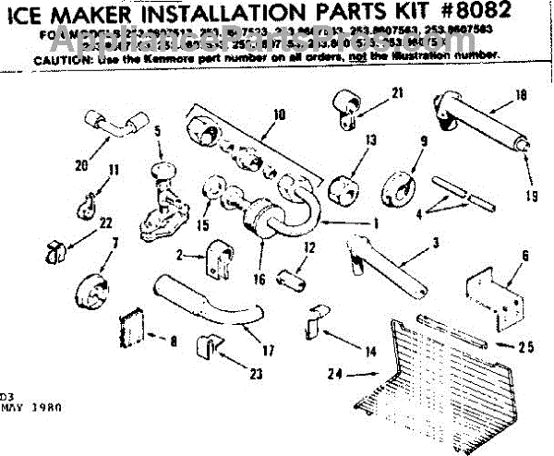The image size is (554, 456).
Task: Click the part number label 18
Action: (521, 94)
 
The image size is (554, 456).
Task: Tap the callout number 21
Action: (398, 93)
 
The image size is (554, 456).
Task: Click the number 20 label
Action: (81, 166)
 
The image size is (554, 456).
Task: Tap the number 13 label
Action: (371, 140)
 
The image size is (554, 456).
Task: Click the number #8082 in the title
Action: (462, 17)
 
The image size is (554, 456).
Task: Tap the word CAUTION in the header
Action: (61, 58)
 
